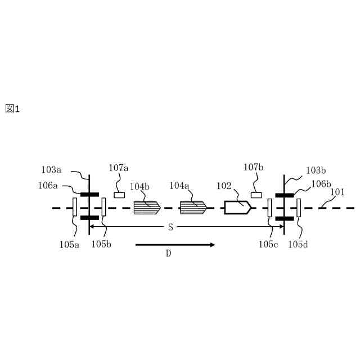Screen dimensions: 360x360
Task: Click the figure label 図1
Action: coord(12,109)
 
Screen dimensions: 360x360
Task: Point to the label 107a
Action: coord(119,168)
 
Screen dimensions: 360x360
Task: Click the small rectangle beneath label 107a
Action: coord(119,195)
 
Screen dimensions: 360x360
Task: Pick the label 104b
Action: coord(140,186)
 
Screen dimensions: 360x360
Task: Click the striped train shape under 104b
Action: coord(147,208)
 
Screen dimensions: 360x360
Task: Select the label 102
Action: coord(224,186)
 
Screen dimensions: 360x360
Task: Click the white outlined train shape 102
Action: coord(237,208)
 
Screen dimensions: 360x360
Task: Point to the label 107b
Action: coord(254,168)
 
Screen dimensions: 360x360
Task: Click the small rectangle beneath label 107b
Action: coord(256,195)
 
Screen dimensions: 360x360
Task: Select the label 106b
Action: coord(321,184)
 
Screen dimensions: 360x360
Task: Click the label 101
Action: coord(337,192)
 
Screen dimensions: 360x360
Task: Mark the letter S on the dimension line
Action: coord(170,227)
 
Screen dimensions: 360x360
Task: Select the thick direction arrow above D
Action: coord(175,245)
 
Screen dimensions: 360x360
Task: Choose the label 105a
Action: coord(71,244)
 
